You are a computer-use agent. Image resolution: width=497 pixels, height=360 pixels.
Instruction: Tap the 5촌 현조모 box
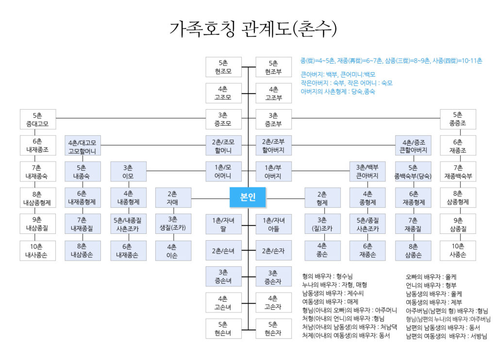(x=223, y=67)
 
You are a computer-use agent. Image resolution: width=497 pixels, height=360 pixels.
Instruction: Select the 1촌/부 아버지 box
(x=274, y=172)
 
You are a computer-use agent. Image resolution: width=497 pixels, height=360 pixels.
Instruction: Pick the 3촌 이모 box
(x=128, y=172)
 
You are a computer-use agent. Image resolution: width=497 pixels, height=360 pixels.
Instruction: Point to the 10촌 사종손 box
(x=458, y=250)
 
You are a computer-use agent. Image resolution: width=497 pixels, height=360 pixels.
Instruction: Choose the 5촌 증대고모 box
(x=38, y=119)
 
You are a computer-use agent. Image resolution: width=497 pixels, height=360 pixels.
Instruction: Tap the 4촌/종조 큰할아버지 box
(x=413, y=146)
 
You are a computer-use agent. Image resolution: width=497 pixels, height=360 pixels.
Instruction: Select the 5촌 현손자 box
(x=274, y=329)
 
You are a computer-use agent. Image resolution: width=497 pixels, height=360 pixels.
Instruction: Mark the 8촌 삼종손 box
(x=413, y=250)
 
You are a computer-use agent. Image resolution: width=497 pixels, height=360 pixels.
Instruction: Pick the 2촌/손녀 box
(x=223, y=250)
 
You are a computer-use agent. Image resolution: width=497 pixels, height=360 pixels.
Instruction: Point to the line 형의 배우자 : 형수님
(x=327, y=276)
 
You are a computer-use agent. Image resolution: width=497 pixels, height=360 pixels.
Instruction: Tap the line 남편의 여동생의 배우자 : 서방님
(x=447, y=336)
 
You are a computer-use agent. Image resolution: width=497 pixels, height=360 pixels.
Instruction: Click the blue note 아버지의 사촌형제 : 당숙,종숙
(x=338, y=91)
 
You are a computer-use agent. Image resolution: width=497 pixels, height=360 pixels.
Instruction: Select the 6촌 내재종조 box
(x=38, y=146)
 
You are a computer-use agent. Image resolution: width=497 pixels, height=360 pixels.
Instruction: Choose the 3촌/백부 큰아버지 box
(x=367, y=172)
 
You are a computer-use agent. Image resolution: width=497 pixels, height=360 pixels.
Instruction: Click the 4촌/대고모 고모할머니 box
(x=83, y=146)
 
